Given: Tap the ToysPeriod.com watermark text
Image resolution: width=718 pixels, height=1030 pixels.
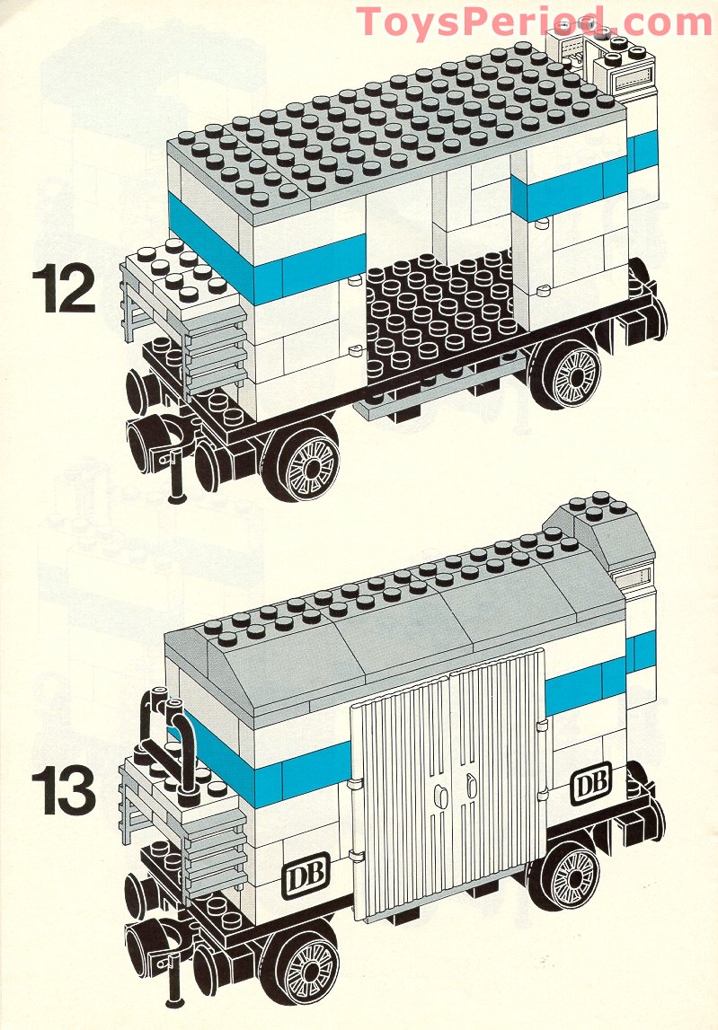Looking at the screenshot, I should pyautogui.click(x=535, y=22).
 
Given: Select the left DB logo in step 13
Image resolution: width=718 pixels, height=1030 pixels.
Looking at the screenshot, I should pyautogui.click(x=307, y=873).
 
